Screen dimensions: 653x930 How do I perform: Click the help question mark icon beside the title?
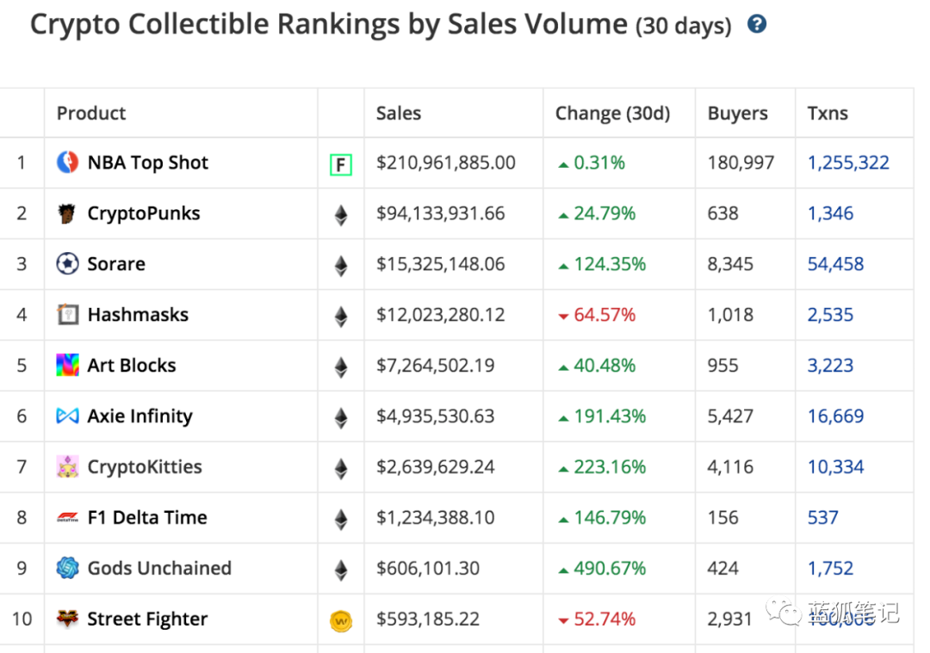[757, 24]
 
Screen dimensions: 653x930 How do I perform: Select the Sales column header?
[399, 114]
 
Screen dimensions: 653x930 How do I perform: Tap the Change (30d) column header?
[612, 114]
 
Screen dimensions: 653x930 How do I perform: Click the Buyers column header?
[738, 114]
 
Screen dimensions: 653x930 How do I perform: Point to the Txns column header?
[828, 114]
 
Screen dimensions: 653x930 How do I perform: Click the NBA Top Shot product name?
[148, 163]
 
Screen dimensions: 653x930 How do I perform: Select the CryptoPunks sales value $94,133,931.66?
[441, 213]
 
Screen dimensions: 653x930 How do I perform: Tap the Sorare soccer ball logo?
[67, 264]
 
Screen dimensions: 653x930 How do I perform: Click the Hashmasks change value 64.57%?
[604, 315]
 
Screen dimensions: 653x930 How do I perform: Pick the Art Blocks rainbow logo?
[67, 366]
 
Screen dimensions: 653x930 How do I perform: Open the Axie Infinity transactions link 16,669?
[835, 416]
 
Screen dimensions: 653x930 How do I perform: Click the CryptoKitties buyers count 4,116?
[730, 467]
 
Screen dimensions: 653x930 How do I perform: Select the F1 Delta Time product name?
[147, 518]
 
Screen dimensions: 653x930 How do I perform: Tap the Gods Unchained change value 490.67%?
[610, 569]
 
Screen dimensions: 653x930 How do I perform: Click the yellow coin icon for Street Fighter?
[341, 620]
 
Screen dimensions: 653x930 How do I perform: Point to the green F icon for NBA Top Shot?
[341, 163]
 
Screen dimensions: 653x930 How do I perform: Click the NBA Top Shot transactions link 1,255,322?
[848, 163]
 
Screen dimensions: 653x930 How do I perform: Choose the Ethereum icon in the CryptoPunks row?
[341, 214]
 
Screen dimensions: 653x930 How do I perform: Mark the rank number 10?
[22, 619]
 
